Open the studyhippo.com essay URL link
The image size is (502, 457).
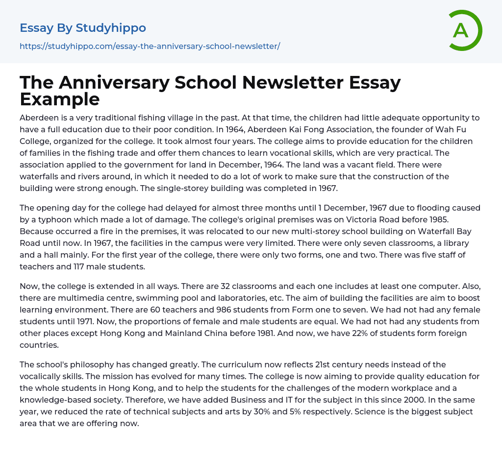tap(150, 46)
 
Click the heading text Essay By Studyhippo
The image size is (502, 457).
tap(83, 28)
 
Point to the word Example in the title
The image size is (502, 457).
tap(60, 99)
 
